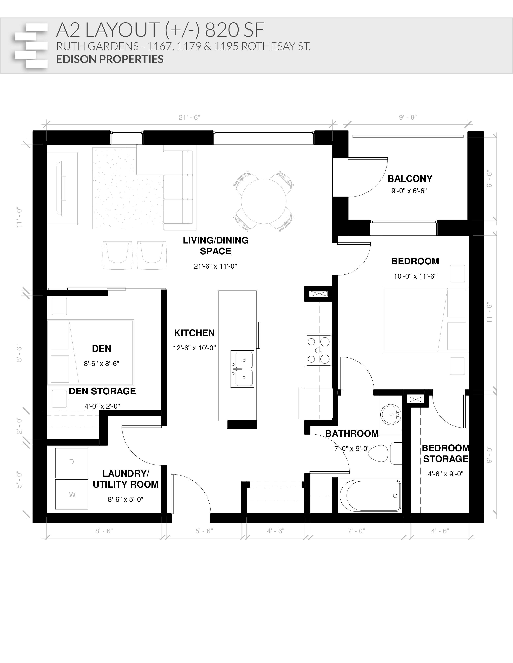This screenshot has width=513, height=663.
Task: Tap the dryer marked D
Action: [72, 462]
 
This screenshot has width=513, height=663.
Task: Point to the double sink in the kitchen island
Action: [242, 369]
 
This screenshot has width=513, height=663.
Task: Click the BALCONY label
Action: [410, 178]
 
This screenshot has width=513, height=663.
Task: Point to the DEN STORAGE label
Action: [102, 391]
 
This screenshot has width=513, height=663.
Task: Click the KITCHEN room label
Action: [194, 333]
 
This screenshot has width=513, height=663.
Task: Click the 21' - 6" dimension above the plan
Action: [189, 117]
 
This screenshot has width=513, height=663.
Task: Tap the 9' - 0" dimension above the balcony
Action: [408, 117]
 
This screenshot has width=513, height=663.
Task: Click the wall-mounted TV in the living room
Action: [61, 188]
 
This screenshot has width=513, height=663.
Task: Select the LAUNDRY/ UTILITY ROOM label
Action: [126, 479]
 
